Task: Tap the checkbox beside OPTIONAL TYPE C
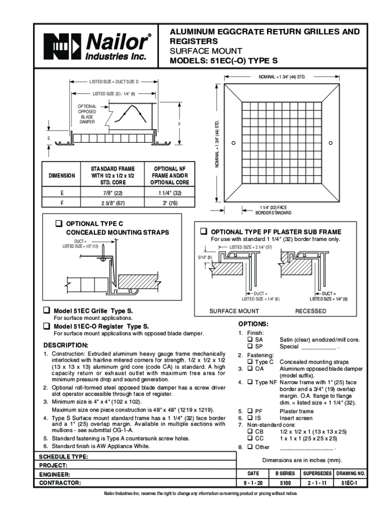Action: pyautogui.click(x=58, y=224)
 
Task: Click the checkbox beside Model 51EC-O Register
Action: pyautogui.click(x=46, y=326)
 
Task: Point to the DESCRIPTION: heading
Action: pyautogui.click(x=65, y=345)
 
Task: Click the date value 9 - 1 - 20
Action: pyautogui.click(x=253, y=483)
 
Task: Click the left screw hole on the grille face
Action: pyautogui.click(x=233, y=144)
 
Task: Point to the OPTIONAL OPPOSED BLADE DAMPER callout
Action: pyautogui.click(x=86, y=114)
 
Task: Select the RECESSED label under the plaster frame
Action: pyautogui.click(x=310, y=311)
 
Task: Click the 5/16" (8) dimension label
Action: pyautogui.click(x=203, y=257)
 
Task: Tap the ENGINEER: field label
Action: pyautogui.click(x=54, y=475)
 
